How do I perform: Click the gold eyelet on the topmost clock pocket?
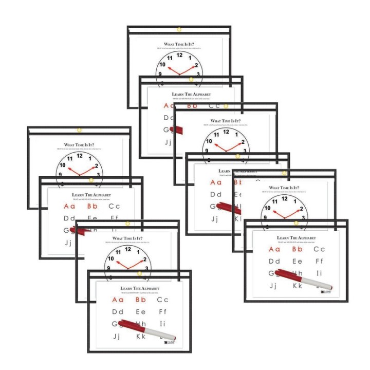(x=179, y=29)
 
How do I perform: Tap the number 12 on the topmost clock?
(x=179, y=54)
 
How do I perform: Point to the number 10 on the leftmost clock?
(x=62, y=165)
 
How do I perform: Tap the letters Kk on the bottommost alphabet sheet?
(x=141, y=337)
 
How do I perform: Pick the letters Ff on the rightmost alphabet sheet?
(x=319, y=261)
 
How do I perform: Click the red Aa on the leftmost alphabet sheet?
(x=69, y=207)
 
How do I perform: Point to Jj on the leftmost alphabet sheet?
(x=69, y=243)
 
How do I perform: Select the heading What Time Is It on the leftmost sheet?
(x=79, y=146)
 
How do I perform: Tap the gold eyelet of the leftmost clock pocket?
(x=79, y=129)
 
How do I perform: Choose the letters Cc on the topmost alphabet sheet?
(x=214, y=106)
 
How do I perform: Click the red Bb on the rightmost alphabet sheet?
(x=297, y=249)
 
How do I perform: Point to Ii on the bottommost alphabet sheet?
(x=163, y=324)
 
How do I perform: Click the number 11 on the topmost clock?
(x=169, y=57)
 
